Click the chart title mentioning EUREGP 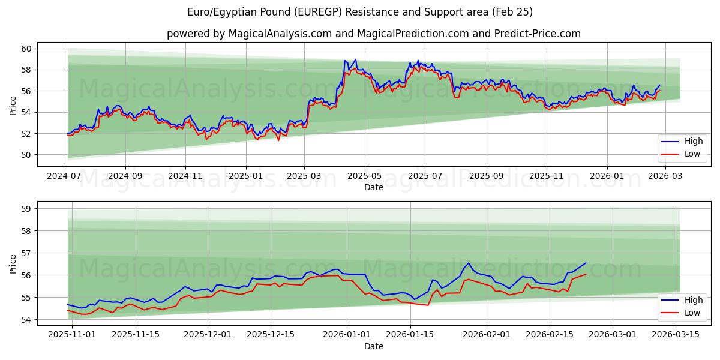click(x=360, y=12)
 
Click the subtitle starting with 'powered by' click(x=373, y=34)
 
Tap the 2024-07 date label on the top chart click(x=64, y=177)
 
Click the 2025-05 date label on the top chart click(x=365, y=177)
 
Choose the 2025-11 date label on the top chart click(x=546, y=177)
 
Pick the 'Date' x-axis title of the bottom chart click(x=373, y=347)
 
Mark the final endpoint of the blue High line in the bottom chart click(x=586, y=263)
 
